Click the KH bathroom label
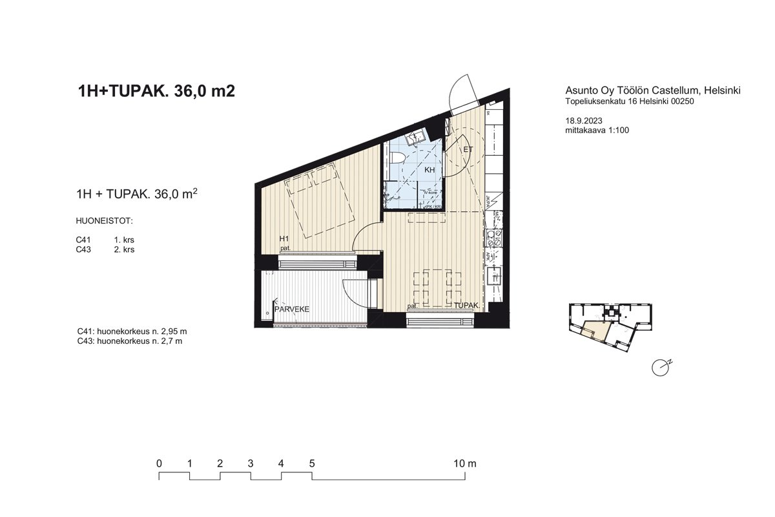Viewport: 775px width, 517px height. tap(429, 170)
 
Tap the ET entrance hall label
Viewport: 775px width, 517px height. tap(468, 150)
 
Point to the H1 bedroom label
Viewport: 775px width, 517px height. tap(284, 239)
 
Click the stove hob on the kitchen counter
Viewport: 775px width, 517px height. tap(495, 238)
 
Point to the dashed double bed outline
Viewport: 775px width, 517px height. tap(321, 201)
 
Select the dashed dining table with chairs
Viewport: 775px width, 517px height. tap(437, 287)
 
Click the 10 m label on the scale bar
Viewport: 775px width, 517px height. tap(465, 463)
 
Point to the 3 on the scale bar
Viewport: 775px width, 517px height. tap(250, 463)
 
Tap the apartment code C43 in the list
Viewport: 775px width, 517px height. tap(83, 249)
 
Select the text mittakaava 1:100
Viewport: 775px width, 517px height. tap(596, 130)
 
